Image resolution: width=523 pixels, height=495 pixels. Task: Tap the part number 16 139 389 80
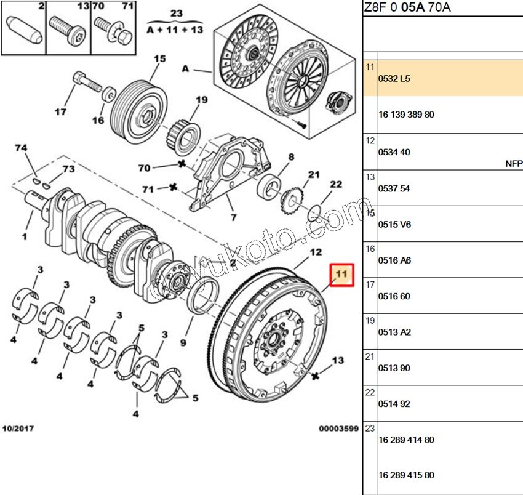pos(407,115)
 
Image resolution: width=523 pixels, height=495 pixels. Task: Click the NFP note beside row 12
pos(514,163)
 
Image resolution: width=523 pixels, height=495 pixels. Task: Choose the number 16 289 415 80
pos(407,475)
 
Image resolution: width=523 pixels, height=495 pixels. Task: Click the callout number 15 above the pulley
pos(160,59)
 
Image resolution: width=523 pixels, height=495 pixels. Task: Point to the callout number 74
pos(22,148)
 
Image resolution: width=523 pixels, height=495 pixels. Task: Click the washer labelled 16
pos(109,94)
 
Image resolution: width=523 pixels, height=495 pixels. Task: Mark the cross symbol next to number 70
pos(182,164)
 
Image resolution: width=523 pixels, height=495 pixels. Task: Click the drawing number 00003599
pos(338,428)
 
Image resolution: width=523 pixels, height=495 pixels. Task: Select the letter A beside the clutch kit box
pos(185,69)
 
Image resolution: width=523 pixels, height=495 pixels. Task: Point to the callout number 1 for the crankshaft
pos(25,236)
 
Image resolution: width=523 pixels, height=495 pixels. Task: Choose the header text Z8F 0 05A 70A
pos(407,7)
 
